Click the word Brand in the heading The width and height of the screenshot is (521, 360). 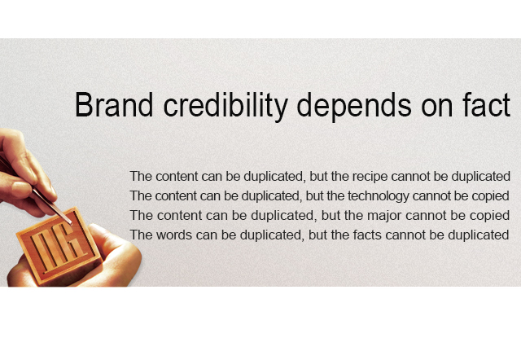[114, 105]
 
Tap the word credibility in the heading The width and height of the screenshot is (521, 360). [225, 106]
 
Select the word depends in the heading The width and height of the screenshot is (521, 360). [354, 106]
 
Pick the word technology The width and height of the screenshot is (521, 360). [378, 196]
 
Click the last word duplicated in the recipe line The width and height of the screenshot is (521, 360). [481, 177]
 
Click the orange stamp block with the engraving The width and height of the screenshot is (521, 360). [59, 246]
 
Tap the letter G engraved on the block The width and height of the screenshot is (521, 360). [69, 241]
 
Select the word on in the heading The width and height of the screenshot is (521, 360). [437, 107]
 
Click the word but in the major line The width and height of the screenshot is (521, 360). [331, 216]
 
